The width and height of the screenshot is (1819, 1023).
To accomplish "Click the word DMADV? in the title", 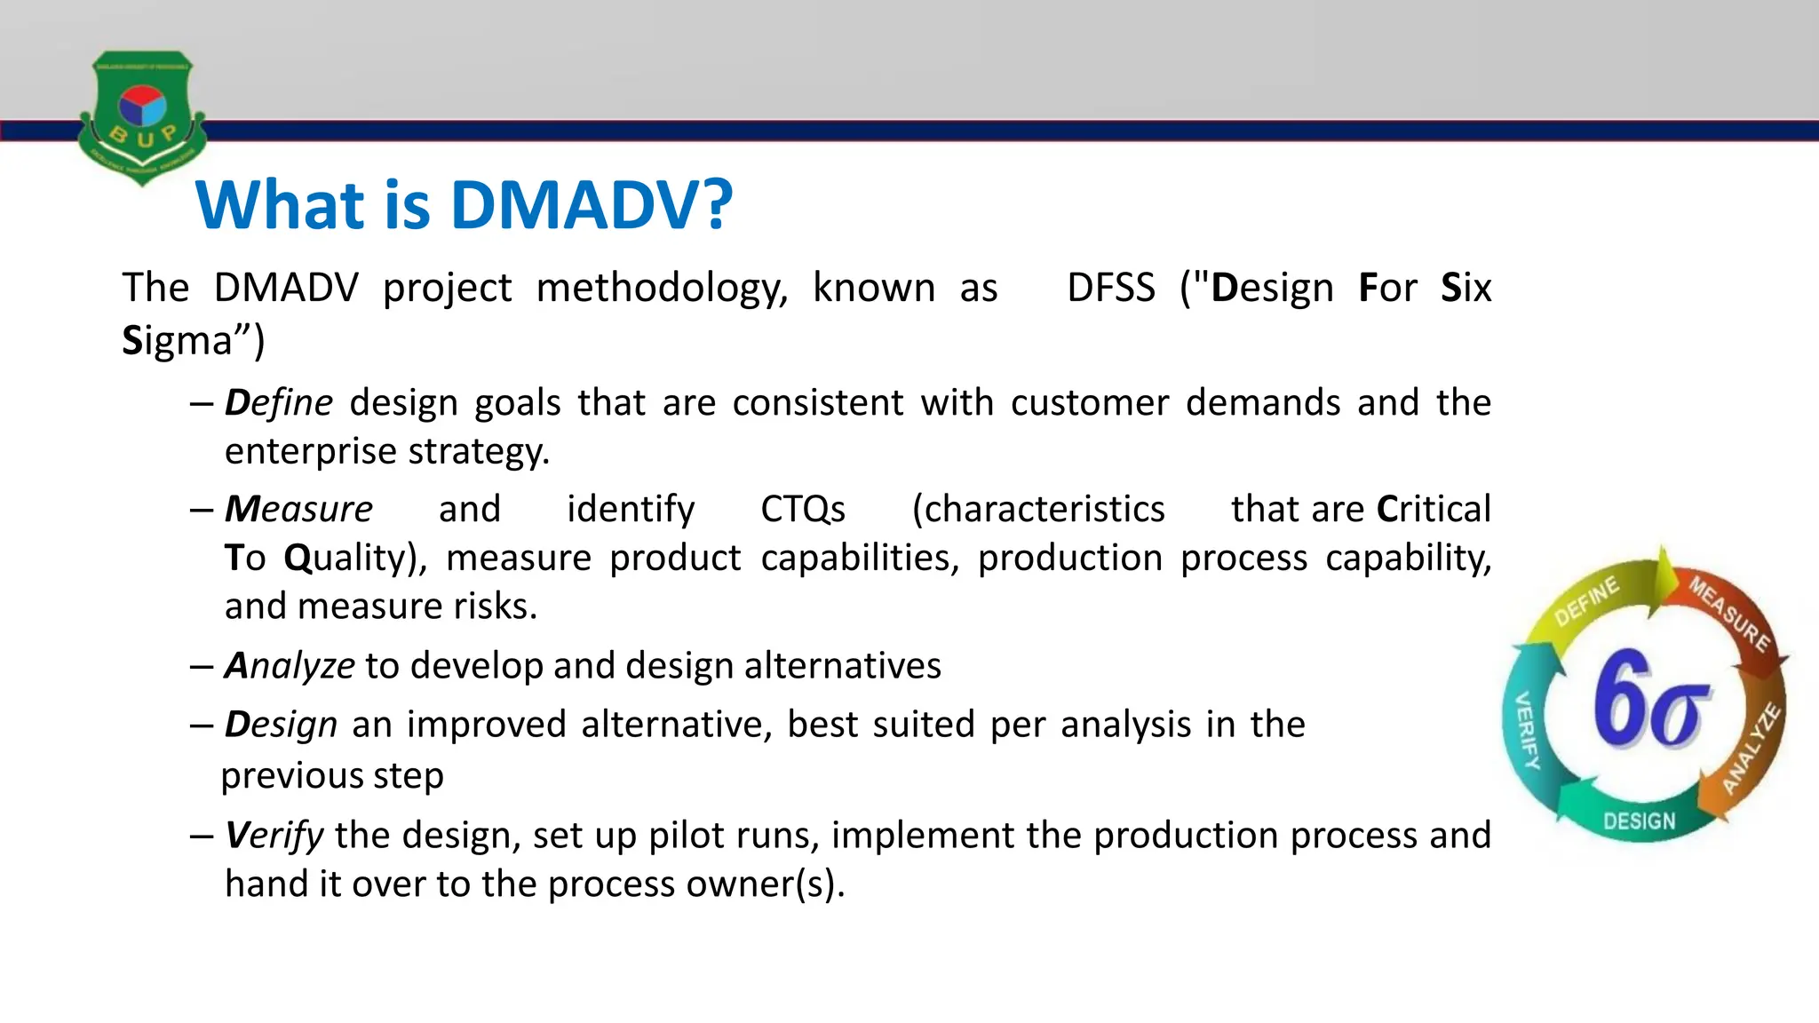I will coord(592,205).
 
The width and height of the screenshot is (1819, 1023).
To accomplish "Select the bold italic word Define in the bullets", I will coord(278,403).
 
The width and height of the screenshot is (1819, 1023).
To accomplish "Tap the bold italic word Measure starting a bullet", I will coord(298,510).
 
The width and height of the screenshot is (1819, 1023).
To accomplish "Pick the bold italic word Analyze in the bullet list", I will coord(290,666).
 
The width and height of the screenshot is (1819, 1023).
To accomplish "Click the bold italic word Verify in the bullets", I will coord(274,836).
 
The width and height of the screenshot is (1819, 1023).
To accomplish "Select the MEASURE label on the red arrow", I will coord(1728,614).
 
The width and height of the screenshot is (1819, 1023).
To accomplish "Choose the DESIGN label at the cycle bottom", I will coord(1639,821).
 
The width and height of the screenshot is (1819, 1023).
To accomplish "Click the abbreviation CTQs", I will coord(803,510).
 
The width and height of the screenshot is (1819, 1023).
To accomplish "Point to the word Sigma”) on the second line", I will coord(193,341).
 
